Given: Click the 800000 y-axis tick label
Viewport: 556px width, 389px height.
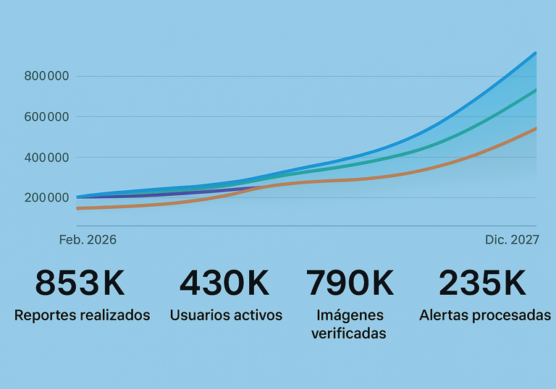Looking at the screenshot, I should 46,76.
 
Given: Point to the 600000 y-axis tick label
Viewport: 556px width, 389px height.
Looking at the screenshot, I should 46,116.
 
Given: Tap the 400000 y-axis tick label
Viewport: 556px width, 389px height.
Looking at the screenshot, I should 46,157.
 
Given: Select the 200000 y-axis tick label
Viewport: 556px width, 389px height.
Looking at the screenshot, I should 46,197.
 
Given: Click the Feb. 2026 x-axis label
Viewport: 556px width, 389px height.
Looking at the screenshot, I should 88,239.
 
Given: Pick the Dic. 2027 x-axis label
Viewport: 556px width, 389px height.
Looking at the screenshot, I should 512,239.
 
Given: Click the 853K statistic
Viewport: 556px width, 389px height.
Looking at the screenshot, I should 80,283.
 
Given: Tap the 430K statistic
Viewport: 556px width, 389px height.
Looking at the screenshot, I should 224,283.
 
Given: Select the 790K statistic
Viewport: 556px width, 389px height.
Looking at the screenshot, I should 350,283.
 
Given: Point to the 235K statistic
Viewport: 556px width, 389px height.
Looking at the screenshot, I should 482,283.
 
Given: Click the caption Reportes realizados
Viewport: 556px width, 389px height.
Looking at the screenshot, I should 82,315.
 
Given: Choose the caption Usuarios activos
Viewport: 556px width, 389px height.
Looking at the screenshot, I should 226,315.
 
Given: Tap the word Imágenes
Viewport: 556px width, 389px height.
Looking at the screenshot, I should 350,315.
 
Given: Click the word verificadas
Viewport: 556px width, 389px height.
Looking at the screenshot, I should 349,333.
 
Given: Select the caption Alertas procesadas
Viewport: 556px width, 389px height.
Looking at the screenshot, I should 485,315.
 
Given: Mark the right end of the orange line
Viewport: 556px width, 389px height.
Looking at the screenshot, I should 536,128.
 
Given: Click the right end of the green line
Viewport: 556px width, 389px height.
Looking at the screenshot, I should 536,90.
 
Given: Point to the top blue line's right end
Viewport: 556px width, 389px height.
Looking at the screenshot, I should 536,53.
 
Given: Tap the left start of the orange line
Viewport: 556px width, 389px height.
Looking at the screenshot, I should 77,208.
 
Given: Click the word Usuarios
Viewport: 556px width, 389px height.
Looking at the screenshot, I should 198,315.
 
